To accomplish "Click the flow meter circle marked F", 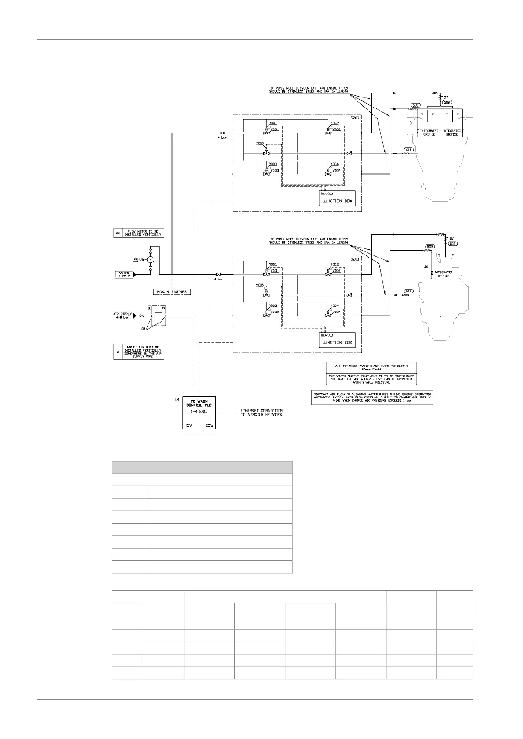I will click(x=151, y=259).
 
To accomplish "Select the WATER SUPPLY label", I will click(x=124, y=275).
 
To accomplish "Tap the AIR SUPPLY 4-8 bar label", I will click(x=122, y=316).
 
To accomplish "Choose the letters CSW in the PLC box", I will click(x=210, y=425).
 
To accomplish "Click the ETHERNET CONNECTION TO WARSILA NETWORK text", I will click(x=261, y=413).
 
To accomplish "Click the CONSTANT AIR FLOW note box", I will click(x=372, y=397).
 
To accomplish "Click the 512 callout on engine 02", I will click(x=453, y=244).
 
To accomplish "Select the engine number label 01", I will click(x=411, y=123).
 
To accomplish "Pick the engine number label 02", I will click(x=425, y=266).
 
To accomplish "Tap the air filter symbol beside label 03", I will click(x=159, y=316).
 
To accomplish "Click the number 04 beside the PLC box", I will click(x=177, y=399).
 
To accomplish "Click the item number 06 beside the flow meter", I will click(x=141, y=259).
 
